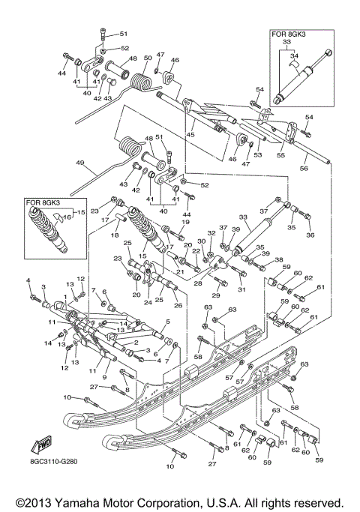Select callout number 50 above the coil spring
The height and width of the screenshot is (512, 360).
pyautogui.click(x=148, y=58)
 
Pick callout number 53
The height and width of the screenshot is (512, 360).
pyautogui.click(x=256, y=155)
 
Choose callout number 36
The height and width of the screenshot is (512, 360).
pyautogui.click(x=310, y=235)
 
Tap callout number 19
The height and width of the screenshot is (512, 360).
pyautogui.click(x=184, y=223)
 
